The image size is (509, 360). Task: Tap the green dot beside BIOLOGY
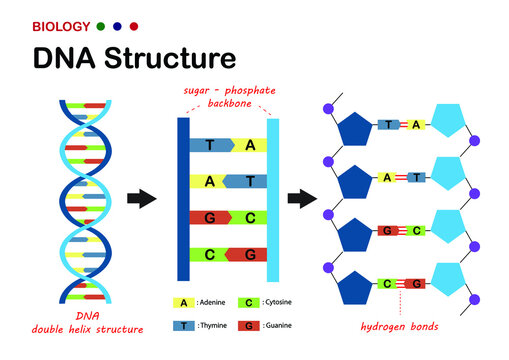pos(100,25)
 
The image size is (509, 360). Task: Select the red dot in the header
pos(134,25)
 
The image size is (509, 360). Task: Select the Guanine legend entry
pos(266,325)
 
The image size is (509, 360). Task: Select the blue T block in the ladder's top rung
pos(212,145)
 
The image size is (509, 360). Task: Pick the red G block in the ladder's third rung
pos(212,217)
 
